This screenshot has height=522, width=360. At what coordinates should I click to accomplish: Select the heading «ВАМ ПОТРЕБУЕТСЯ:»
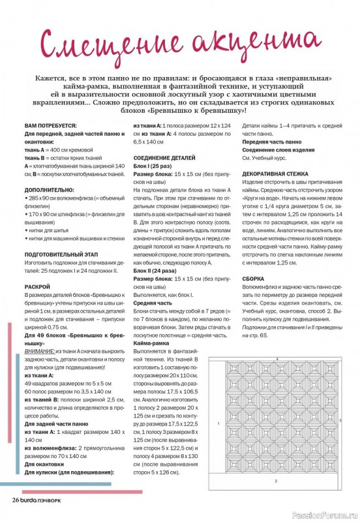click(51, 125)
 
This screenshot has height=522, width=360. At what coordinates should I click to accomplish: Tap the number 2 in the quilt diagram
click(276, 481)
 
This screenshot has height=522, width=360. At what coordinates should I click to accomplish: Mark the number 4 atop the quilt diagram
click(277, 359)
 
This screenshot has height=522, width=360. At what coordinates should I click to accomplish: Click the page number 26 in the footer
click(16, 499)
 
